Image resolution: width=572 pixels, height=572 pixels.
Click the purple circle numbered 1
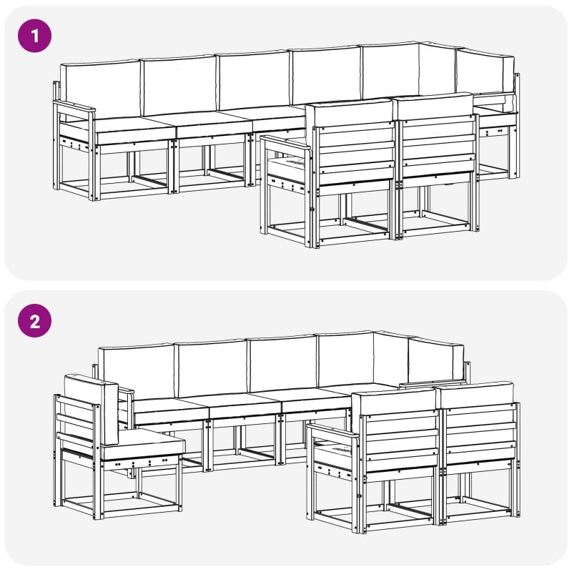click(34, 36)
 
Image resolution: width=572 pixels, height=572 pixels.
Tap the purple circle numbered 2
click(34, 320)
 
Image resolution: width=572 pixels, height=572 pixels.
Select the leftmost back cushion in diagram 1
click(99, 89)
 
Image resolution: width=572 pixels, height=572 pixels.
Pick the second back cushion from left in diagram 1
click(179, 85)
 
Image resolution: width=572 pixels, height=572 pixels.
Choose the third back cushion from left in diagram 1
click(254, 80)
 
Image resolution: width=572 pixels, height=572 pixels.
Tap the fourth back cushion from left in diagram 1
click(325, 76)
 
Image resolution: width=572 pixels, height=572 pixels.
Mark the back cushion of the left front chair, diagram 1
click(349, 113)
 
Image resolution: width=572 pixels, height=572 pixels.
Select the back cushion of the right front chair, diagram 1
click(435, 105)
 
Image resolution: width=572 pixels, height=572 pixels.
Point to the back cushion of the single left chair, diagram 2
click(92, 406)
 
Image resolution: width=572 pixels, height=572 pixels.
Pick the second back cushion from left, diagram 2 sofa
click(211, 368)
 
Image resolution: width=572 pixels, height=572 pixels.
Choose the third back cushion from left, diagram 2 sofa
click(283, 364)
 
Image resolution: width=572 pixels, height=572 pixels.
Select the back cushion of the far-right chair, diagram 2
click(477, 394)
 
